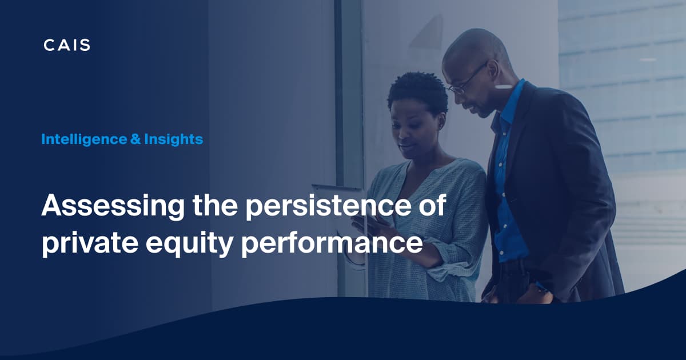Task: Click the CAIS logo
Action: coord(67,45)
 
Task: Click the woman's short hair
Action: coord(417,91)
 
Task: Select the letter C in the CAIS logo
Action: coord(49,45)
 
